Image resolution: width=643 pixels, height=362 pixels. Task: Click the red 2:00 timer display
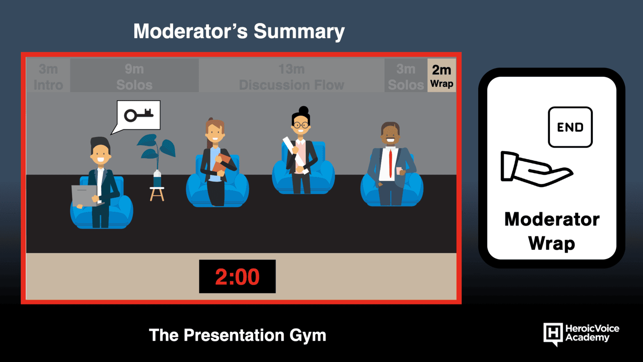click(x=238, y=276)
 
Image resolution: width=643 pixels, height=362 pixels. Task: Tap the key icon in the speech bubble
click(x=139, y=115)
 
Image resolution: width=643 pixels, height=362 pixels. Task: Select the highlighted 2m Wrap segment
click(x=442, y=75)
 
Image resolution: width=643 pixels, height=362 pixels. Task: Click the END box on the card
click(x=570, y=127)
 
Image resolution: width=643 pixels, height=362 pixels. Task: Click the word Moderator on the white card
click(x=552, y=220)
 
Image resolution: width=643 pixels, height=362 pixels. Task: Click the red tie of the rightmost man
click(x=390, y=164)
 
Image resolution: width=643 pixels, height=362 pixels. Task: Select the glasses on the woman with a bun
click(x=301, y=125)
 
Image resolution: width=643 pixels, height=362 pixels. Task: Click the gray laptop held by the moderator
click(x=84, y=195)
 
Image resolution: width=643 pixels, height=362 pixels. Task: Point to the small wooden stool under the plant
click(x=157, y=194)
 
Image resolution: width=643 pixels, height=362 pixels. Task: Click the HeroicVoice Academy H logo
click(x=553, y=334)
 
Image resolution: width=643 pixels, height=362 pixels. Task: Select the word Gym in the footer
click(x=308, y=335)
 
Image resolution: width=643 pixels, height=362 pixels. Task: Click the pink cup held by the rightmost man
click(x=399, y=171)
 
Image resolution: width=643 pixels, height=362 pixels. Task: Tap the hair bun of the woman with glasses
click(x=303, y=110)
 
